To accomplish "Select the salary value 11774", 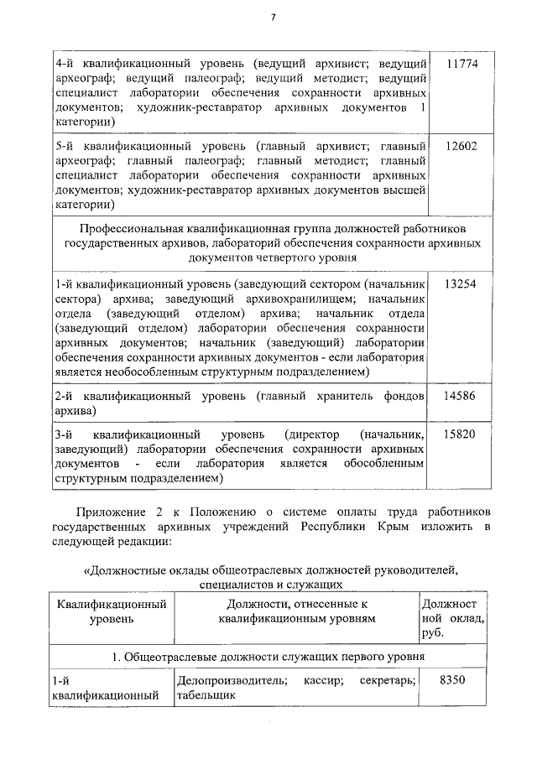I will (x=461, y=64).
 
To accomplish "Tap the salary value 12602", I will (x=461, y=145).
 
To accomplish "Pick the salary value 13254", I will (x=461, y=283).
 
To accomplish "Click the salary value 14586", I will (x=461, y=395).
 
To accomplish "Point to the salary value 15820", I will (x=461, y=434).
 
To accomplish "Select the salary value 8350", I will (x=453, y=680).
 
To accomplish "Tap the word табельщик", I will (x=202, y=694).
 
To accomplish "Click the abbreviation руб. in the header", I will (x=434, y=633).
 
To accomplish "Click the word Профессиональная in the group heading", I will (x=129, y=228).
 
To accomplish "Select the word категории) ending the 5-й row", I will (x=85, y=204).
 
